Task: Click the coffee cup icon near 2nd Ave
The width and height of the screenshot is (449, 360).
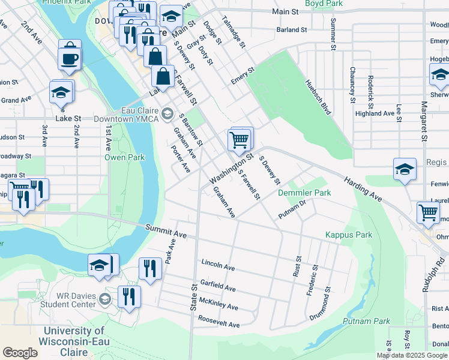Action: click(x=68, y=58)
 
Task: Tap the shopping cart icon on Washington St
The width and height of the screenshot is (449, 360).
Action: click(x=239, y=140)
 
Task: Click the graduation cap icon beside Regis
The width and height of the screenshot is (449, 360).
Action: click(x=405, y=170)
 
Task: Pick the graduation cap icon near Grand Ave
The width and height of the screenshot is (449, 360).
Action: click(x=61, y=92)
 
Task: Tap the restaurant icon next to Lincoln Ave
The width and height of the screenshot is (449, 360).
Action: click(x=149, y=268)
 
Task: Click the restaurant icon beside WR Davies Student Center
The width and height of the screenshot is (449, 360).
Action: click(x=129, y=296)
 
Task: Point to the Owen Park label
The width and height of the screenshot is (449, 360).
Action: click(x=125, y=158)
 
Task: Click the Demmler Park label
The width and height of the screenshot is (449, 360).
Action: click(x=304, y=193)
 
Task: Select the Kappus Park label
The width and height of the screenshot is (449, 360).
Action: click(x=349, y=235)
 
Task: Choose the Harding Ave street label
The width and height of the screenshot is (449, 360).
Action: click(x=363, y=188)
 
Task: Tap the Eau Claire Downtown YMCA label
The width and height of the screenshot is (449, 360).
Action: click(x=127, y=115)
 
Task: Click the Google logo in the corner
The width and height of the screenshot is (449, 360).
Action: click(x=20, y=353)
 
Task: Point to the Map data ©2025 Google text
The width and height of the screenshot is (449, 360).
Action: click(x=412, y=355)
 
